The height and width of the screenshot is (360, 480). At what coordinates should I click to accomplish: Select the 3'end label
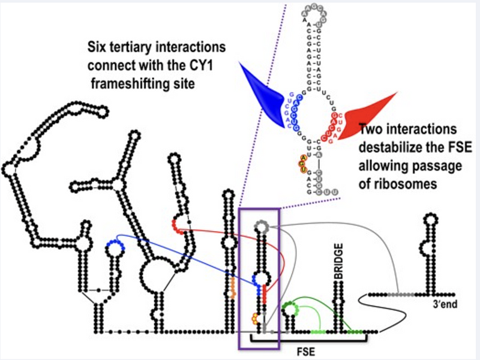point(445,305)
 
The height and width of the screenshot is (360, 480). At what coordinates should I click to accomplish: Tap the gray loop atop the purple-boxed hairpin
point(260,226)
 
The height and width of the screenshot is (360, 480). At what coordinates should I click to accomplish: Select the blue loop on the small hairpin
point(115,245)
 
